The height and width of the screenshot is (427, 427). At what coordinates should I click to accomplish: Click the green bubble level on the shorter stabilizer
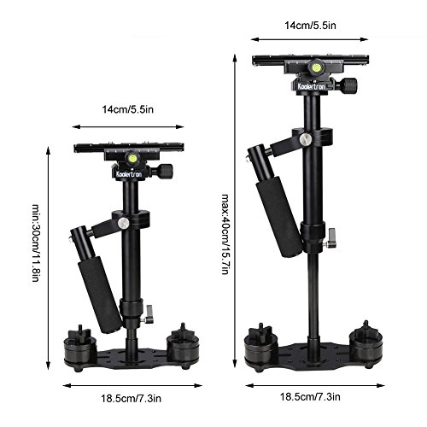click(x=132, y=157)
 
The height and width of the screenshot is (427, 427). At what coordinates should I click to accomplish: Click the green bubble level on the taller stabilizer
click(x=315, y=67)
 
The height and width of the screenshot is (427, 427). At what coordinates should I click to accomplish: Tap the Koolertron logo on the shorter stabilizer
click(x=129, y=174)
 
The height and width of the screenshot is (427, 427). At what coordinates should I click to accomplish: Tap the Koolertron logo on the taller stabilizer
click(x=311, y=85)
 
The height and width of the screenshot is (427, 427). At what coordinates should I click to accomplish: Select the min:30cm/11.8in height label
click(x=35, y=243)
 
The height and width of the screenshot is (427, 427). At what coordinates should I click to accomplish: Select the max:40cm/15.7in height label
click(x=225, y=234)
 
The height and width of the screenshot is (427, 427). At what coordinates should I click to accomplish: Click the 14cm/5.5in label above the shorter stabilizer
click(x=128, y=109)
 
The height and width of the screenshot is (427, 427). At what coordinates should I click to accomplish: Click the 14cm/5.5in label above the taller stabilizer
click(x=310, y=26)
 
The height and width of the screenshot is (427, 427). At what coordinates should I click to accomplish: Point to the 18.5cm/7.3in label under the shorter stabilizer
click(x=131, y=398)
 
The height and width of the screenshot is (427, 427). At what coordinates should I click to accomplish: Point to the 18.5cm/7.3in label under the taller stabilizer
click(x=310, y=396)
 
